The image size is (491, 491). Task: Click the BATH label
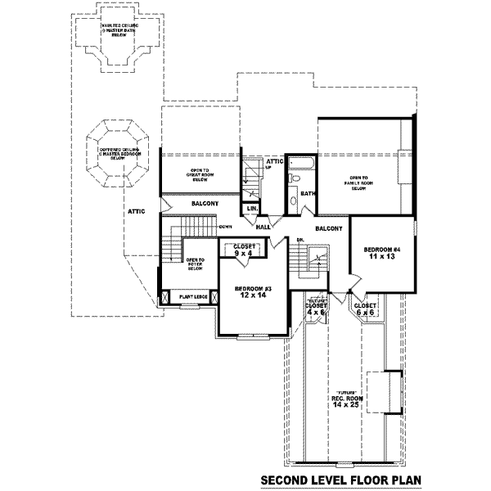(x=308, y=194)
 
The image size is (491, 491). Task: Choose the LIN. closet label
(x=253, y=209)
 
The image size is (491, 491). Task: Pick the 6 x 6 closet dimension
(x=365, y=312)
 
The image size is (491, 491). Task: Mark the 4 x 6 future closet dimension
(x=317, y=311)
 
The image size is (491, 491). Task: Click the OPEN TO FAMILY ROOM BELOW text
(x=358, y=183)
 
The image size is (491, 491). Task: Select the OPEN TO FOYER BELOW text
(x=195, y=264)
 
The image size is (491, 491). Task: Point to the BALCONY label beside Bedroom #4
(x=328, y=228)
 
